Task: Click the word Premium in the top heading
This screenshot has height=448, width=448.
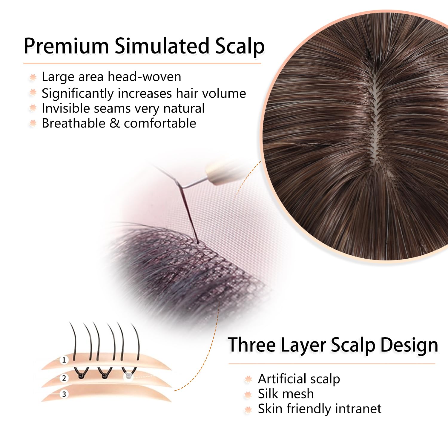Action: pyautogui.click(x=66, y=46)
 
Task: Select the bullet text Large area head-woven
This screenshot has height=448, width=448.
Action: pyautogui.click(x=111, y=76)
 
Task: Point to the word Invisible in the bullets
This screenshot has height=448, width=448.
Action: pyautogui.click(x=65, y=108)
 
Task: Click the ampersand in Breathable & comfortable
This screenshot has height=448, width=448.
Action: pyautogui.click(x=115, y=123)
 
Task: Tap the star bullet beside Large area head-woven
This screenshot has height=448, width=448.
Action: pyautogui.click(x=33, y=77)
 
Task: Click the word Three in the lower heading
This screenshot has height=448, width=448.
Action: pyautogui.click(x=252, y=345)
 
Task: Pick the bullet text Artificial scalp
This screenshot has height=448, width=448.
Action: pyautogui.click(x=299, y=379)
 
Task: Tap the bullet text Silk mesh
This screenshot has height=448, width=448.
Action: pyautogui.click(x=286, y=394)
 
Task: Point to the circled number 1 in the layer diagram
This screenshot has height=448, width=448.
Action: pyautogui.click(x=64, y=360)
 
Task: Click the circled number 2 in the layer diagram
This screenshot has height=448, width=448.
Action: pyautogui.click(x=64, y=378)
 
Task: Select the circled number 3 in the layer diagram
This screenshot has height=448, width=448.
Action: pyautogui.click(x=64, y=394)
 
